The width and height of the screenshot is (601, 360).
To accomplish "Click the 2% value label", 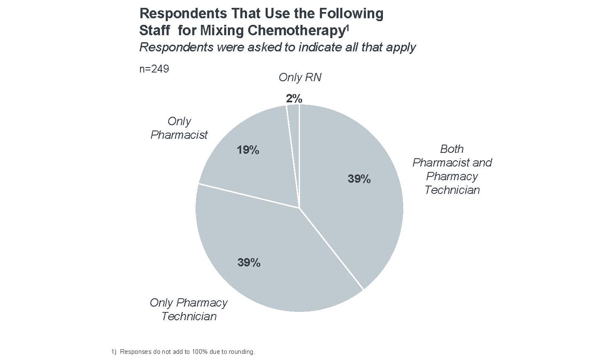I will (294, 99).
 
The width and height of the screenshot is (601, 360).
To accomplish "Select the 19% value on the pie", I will (248, 150).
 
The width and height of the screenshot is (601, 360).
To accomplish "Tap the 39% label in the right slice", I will (359, 179).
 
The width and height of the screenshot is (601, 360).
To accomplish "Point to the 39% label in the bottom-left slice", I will (249, 262).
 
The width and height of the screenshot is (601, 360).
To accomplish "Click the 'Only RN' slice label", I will (300, 78).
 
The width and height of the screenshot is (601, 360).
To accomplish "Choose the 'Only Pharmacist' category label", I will (179, 128).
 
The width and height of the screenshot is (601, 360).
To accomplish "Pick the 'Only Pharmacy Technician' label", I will (188, 309).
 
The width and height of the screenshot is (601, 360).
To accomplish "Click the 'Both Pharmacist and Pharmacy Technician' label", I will (452, 169).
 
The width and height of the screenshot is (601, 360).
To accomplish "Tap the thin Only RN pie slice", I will (294, 129).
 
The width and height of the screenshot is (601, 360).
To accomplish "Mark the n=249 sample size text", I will (154, 69).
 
